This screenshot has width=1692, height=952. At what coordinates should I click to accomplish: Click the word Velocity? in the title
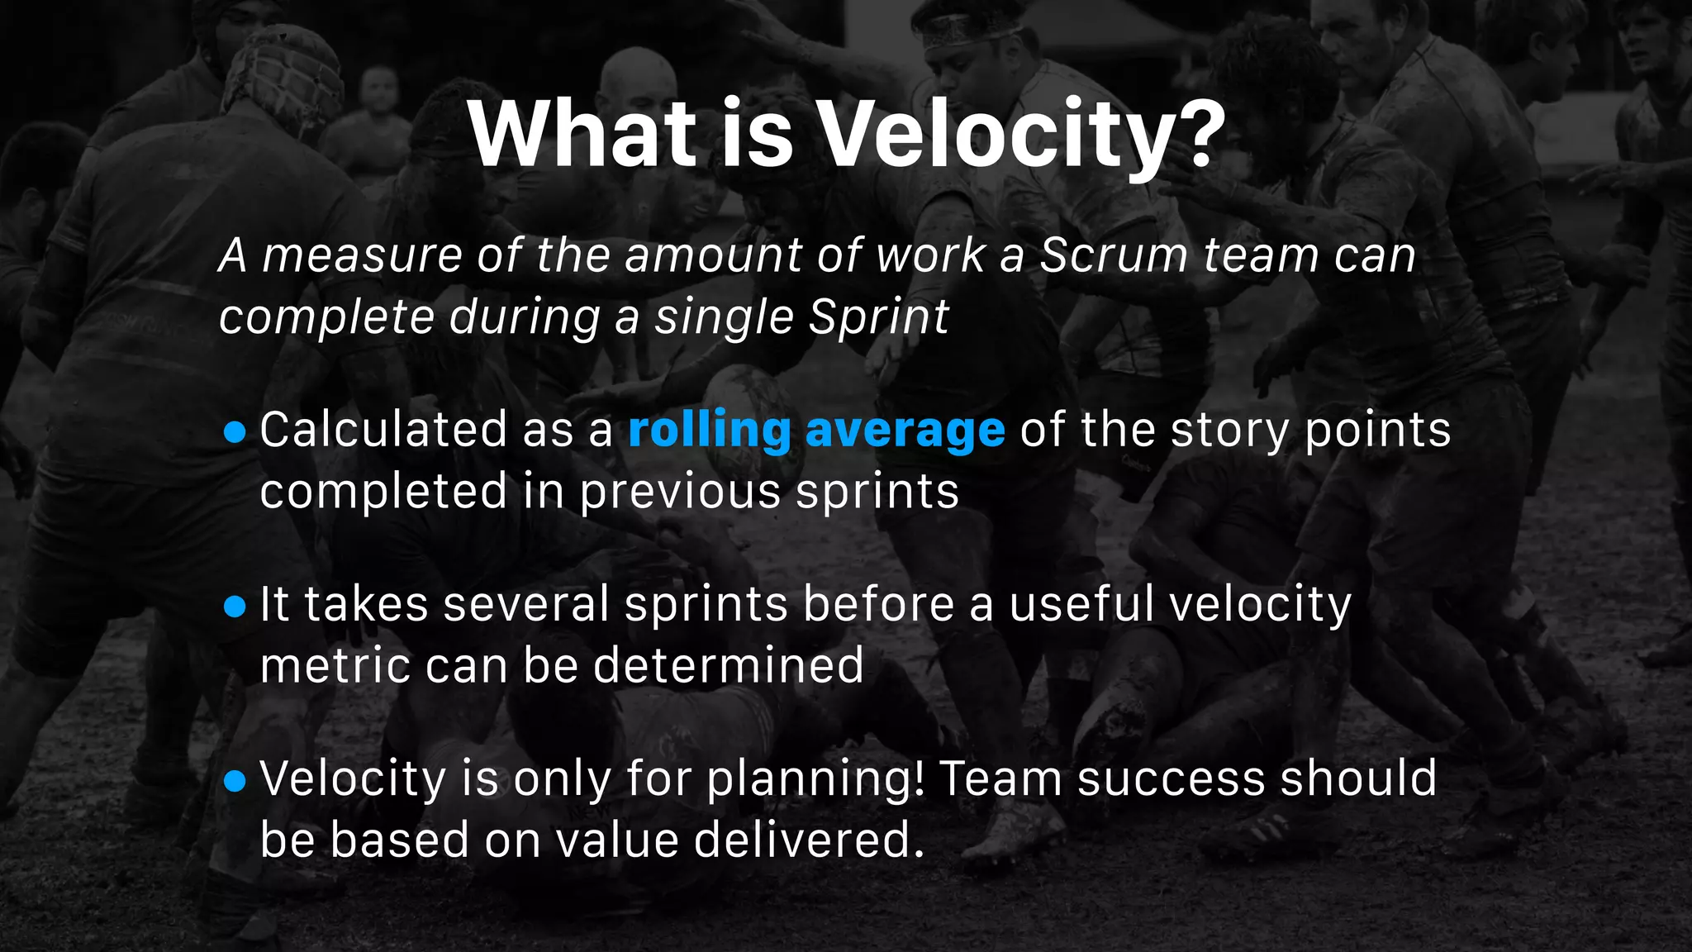point(1021,135)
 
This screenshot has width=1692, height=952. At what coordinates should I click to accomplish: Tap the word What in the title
point(582,135)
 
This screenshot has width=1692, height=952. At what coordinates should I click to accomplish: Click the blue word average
point(905,431)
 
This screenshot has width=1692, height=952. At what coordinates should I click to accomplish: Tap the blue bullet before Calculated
point(235,432)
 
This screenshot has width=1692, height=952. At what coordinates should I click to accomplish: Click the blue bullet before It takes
point(235,607)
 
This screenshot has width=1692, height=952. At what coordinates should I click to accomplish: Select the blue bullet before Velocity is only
point(235,781)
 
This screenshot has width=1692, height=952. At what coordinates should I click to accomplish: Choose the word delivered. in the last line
point(809,840)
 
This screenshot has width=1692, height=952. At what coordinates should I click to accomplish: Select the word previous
point(680,493)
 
